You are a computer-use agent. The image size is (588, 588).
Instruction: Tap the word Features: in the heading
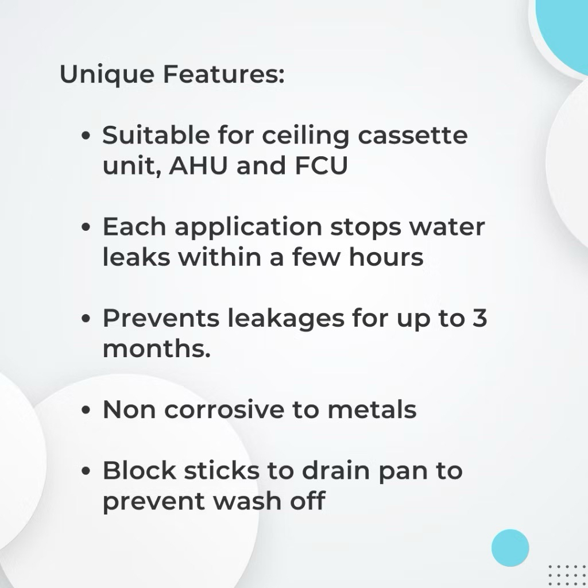click(223, 74)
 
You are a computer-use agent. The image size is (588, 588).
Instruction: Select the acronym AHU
click(198, 165)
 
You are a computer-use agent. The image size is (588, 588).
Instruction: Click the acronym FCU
click(322, 165)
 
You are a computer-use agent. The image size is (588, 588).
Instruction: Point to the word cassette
click(413, 136)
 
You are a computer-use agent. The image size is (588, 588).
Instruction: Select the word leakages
click(286, 319)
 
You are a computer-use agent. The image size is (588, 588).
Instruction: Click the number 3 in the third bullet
click(479, 318)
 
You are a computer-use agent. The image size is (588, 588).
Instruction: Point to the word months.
click(157, 349)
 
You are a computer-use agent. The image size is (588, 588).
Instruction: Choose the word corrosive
click(225, 409)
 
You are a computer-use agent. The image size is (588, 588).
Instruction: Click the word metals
click(372, 409)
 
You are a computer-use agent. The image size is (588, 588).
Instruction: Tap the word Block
click(140, 470)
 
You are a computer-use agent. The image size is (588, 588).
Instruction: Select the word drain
click(336, 470)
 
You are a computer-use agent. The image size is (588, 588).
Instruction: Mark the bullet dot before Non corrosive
click(86, 409)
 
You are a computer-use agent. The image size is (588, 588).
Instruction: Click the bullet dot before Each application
click(86, 227)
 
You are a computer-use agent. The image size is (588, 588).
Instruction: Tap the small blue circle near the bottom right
click(510, 548)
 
